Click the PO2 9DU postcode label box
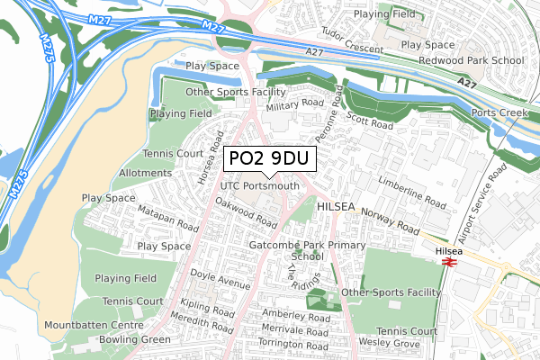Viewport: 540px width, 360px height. [269, 158]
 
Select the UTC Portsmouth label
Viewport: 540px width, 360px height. [260, 186]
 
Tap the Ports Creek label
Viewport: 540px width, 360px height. [500, 113]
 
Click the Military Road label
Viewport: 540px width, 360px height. [293, 106]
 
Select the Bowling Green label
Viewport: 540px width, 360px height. [136, 339]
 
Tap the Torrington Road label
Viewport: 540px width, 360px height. [293, 344]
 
